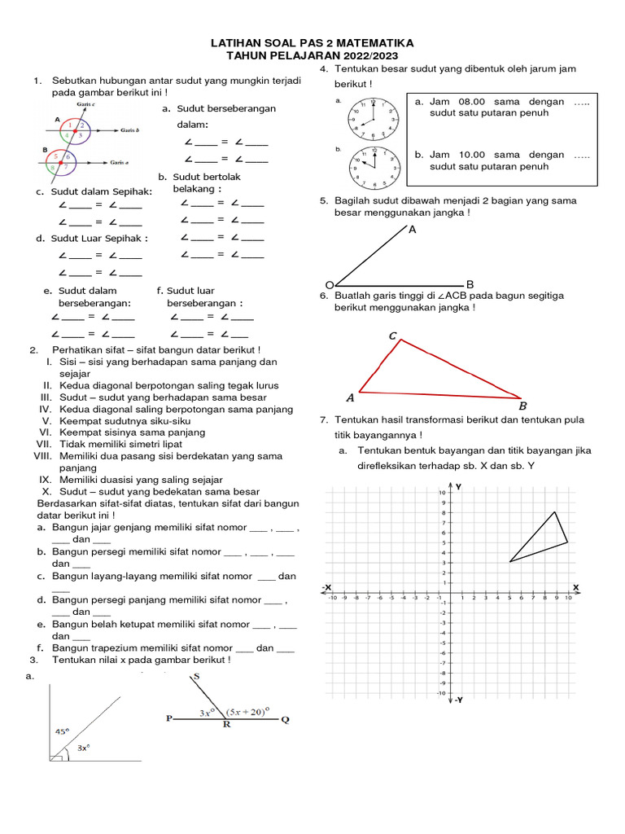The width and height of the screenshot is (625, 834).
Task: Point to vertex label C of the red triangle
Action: [x=393, y=336]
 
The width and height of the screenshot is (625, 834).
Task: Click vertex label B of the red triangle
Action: [x=522, y=406]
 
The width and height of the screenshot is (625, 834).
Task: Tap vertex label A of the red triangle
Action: [x=351, y=398]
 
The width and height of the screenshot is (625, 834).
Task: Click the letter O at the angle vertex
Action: [x=329, y=283]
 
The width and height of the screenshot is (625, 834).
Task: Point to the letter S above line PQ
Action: [x=196, y=678]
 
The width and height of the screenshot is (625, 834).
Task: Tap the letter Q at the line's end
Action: [x=284, y=720]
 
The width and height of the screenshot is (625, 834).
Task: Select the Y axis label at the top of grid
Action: [x=459, y=486]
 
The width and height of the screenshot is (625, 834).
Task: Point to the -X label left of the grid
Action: [x=326, y=586]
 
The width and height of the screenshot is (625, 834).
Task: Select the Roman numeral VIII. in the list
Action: [x=42, y=456]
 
